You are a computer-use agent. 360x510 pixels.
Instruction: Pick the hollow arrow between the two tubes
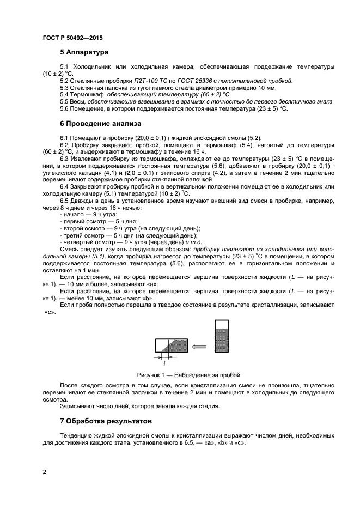(200, 346)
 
